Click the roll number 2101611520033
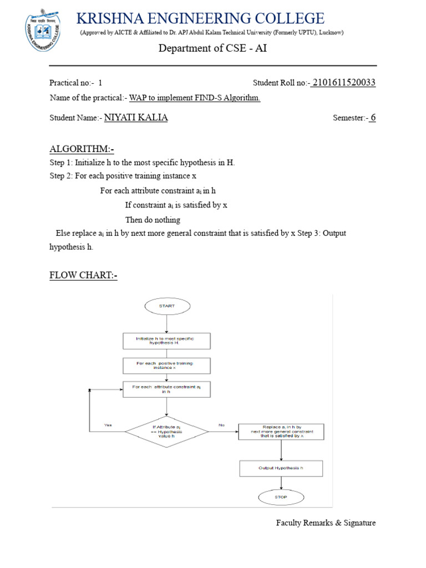tap(344, 83)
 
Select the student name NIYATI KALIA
tap(136, 118)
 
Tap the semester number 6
tap(373, 118)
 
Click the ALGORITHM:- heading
tap(82, 149)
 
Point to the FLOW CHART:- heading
tap(83, 275)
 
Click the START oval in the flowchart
tap(167, 306)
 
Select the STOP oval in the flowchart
tap(281, 497)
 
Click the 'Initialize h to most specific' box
tap(166, 341)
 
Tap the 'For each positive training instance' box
tap(166, 365)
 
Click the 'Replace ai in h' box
tap(281, 432)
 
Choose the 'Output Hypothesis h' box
tap(281, 468)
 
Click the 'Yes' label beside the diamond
tap(108, 425)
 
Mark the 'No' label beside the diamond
tap(222, 425)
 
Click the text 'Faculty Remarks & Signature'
tap(326, 523)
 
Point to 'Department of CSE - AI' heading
tap(212, 48)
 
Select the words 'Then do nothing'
tap(153, 220)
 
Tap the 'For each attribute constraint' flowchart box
tap(166, 389)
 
